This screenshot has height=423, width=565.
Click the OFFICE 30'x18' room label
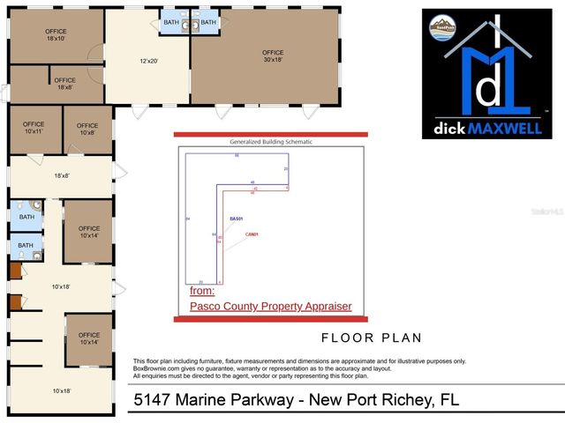(x=273, y=56)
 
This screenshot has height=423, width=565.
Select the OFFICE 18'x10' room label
(x=56, y=35)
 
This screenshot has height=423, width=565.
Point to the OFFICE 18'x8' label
(x=64, y=84)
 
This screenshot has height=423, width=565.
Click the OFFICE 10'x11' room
(x=34, y=129)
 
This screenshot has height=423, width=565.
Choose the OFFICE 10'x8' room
(x=87, y=129)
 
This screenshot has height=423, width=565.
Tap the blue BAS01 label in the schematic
(x=236, y=219)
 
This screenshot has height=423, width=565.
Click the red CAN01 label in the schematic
(x=252, y=234)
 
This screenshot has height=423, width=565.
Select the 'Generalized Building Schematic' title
(x=271, y=141)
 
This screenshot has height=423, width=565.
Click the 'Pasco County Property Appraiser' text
(x=271, y=306)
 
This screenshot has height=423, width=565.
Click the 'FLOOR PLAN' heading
(x=371, y=338)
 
